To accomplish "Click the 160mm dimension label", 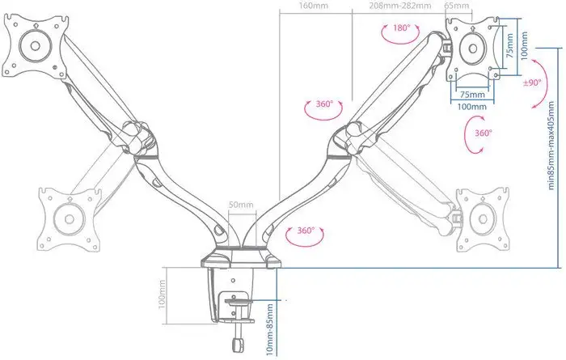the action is tap(314, 6).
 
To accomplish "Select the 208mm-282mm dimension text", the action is tap(400, 6).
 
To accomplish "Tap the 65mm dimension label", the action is tap(457, 6).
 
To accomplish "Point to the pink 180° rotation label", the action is tap(402, 28).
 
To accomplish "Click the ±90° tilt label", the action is tap(532, 83).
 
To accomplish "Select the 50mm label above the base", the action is tap(242, 205).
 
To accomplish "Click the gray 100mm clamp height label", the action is tap(161, 294).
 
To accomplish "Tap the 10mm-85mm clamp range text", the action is tap(269, 330).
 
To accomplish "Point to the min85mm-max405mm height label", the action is tap(551, 145).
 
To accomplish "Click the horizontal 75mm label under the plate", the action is tap(472, 95).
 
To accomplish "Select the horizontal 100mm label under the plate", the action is tap(471, 107).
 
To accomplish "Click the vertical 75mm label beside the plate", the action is tap(509, 46).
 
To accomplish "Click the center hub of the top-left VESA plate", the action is tap(35, 45).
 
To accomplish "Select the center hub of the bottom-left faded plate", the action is tap(70, 218).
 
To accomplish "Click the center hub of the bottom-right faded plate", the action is tap(483, 218).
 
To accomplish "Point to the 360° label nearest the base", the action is tap(306, 231).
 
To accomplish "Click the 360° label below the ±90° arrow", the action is tap(484, 133).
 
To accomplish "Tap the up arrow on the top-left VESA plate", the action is tap(35, 26).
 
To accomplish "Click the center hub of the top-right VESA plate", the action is tap(472, 49).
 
